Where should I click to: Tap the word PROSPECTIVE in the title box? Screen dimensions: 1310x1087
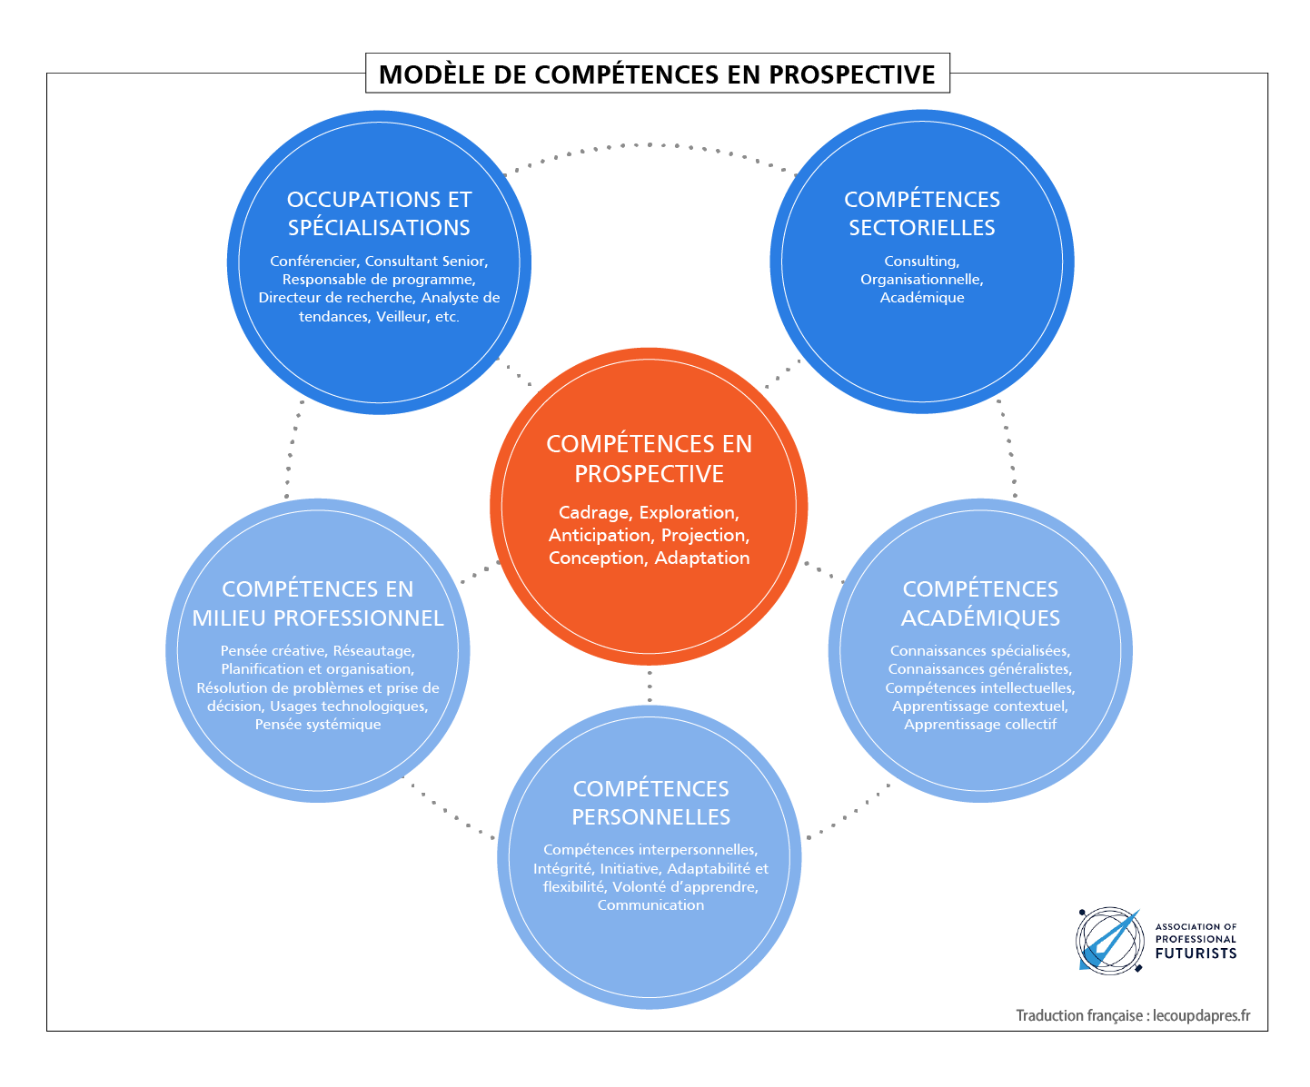tap(852, 74)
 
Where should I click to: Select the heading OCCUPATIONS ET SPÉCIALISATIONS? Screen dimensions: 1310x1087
tap(379, 213)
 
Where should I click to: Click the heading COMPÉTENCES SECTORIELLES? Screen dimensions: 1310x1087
tap(922, 213)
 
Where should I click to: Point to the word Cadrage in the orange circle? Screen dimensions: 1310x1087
tap(593, 513)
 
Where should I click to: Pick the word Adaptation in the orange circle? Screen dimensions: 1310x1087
tap(702, 558)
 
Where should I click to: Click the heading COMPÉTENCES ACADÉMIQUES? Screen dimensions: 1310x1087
tap(980, 603)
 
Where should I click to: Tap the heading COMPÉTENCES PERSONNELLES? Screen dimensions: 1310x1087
tap(650, 803)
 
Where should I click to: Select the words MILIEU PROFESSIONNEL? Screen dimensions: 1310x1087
tap(317, 618)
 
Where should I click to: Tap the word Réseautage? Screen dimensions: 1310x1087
tap(374, 650)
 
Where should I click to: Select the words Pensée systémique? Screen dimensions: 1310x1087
tap(317, 725)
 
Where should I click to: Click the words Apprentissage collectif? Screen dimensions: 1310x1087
tap(980, 725)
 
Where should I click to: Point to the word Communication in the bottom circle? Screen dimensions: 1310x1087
tap(650, 905)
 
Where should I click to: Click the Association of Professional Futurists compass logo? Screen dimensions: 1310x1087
tap(1109, 940)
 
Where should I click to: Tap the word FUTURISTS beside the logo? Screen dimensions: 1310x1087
tap(1196, 954)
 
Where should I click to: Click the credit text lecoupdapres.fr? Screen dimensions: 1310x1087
tap(1201, 1015)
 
